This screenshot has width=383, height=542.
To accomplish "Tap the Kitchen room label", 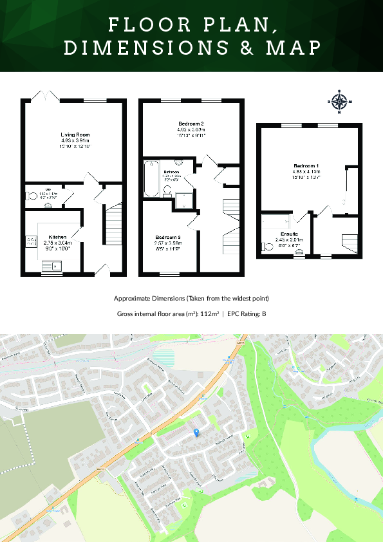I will (58, 237).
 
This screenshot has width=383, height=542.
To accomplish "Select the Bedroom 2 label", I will (191, 124).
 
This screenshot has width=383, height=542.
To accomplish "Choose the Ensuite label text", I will (289, 234).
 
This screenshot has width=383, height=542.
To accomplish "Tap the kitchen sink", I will (57, 264).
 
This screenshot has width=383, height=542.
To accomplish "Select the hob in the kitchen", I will (30, 241).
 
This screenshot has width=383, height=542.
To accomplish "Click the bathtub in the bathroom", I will (152, 178).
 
